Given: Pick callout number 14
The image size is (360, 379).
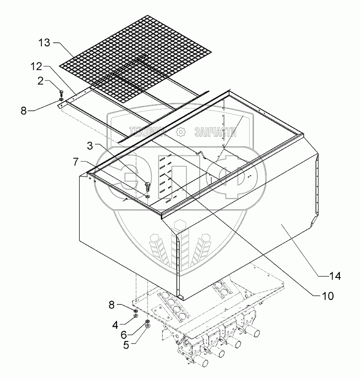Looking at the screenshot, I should click(335, 276).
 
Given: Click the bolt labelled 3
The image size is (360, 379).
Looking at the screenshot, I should click(147, 185).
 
